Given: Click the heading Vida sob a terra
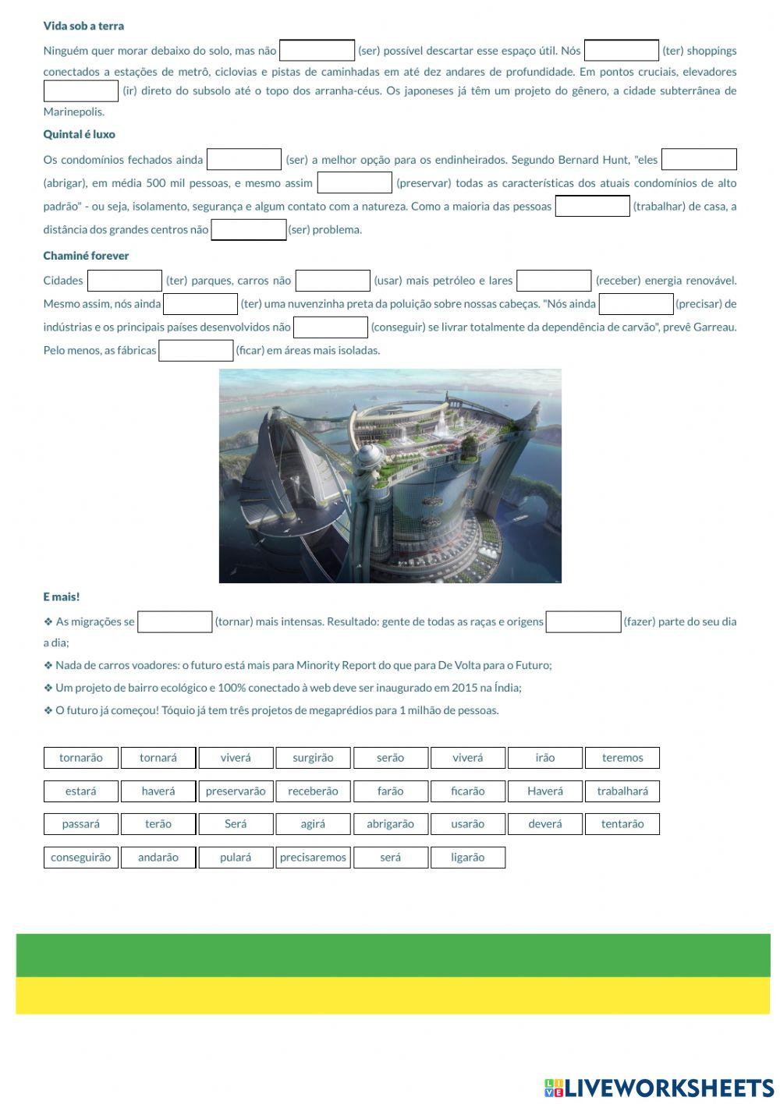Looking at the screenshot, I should click(x=83, y=26).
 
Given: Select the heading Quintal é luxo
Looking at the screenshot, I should click(x=79, y=134).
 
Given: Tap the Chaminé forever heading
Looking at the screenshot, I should click(x=86, y=256).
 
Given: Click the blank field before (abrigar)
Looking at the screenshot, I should click(x=698, y=160).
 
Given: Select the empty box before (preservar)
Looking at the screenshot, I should click(x=354, y=183).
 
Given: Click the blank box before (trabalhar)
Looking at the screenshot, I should click(x=592, y=207).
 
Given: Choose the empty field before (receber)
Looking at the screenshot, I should click(x=554, y=281).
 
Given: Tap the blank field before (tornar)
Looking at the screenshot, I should click(x=175, y=622).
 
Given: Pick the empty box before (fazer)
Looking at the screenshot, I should click(x=583, y=622).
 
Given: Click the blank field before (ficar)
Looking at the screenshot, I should click(x=196, y=351).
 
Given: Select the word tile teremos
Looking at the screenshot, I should click(x=622, y=758).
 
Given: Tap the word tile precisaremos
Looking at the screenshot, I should click(x=313, y=858).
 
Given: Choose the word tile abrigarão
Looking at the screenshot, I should click(x=390, y=824).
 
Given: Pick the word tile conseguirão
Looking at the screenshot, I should click(x=80, y=858).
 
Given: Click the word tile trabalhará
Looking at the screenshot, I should click(x=622, y=791).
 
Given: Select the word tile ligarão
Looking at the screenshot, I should click(x=467, y=858).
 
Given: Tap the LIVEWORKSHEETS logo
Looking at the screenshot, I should click(x=658, y=1088).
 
